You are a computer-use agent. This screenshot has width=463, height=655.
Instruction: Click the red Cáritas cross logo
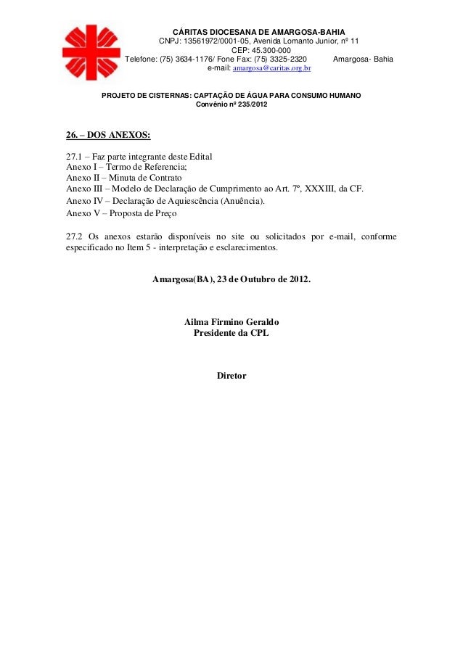coord(91,52)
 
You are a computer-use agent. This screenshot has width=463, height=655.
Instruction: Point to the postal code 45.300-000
coord(261,50)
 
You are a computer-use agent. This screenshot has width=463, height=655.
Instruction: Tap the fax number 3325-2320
coord(284,59)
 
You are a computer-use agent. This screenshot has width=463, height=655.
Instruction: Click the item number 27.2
coord(73,236)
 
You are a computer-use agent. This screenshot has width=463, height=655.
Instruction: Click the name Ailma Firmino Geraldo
coord(231,321)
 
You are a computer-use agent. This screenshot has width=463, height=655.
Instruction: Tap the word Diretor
coord(231,376)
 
